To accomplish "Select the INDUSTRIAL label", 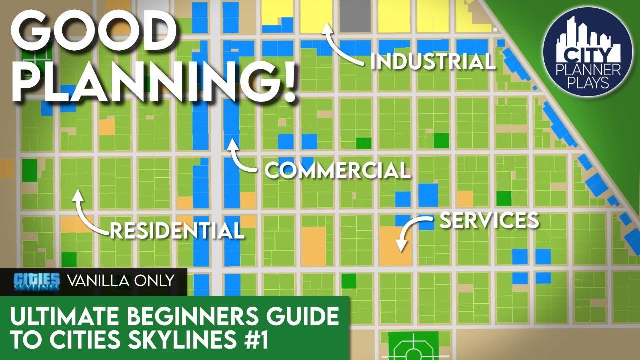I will pyautogui.click(x=433, y=62).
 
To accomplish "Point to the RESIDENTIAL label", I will pyautogui.click(x=177, y=231).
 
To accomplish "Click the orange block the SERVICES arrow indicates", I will pyautogui.click(x=395, y=246).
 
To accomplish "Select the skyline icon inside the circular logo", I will pyautogui.click(x=588, y=37).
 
